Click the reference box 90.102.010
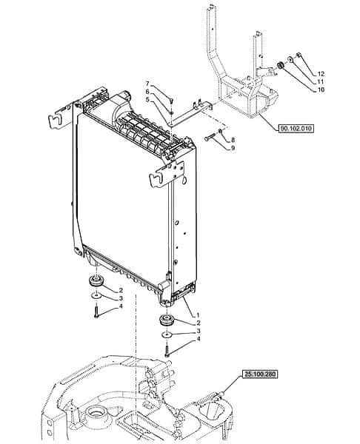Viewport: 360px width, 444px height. point(296,128)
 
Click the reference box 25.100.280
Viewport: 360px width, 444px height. point(260,374)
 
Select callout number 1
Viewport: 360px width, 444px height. point(198,315)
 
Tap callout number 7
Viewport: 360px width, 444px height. point(147,84)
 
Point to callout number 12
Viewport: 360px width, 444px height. point(321,74)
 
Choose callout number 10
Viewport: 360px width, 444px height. point(321,90)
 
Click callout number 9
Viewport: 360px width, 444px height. point(233,148)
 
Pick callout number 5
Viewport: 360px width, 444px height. point(147,99)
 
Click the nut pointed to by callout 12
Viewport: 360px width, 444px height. point(299,55)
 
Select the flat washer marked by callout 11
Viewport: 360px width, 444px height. point(290,60)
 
